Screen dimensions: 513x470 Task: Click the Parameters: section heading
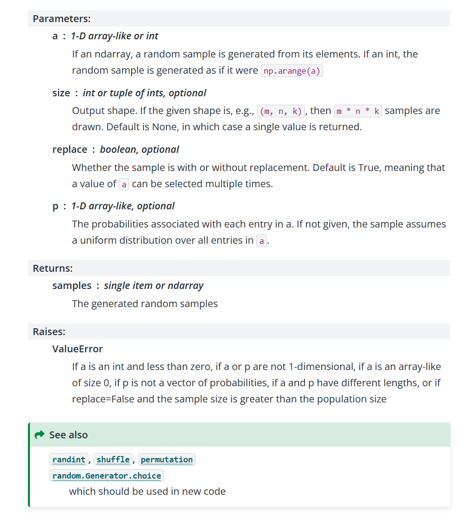(x=61, y=19)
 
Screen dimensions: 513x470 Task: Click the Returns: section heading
(x=53, y=268)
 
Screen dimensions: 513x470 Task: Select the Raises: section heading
(x=49, y=332)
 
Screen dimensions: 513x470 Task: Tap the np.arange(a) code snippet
(x=292, y=71)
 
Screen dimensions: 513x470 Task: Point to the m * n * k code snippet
(x=358, y=111)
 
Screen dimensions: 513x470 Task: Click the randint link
(x=69, y=459)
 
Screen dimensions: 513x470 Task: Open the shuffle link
(x=113, y=459)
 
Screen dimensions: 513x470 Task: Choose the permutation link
(x=166, y=459)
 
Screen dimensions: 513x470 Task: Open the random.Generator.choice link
(x=107, y=476)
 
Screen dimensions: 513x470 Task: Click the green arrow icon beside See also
(x=39, y=435)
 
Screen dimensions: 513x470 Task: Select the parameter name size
(x=61, y=93)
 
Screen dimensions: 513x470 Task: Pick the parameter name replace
(x=70, y=149)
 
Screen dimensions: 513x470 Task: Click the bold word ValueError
(x=78, y=349)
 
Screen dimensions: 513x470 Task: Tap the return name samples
(x=72, y=285)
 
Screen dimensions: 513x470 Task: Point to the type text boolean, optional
(x=139, y=149)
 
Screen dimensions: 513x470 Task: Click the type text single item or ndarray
(x=154, y=285)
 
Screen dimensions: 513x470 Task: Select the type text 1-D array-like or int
(x=114, y=36)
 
